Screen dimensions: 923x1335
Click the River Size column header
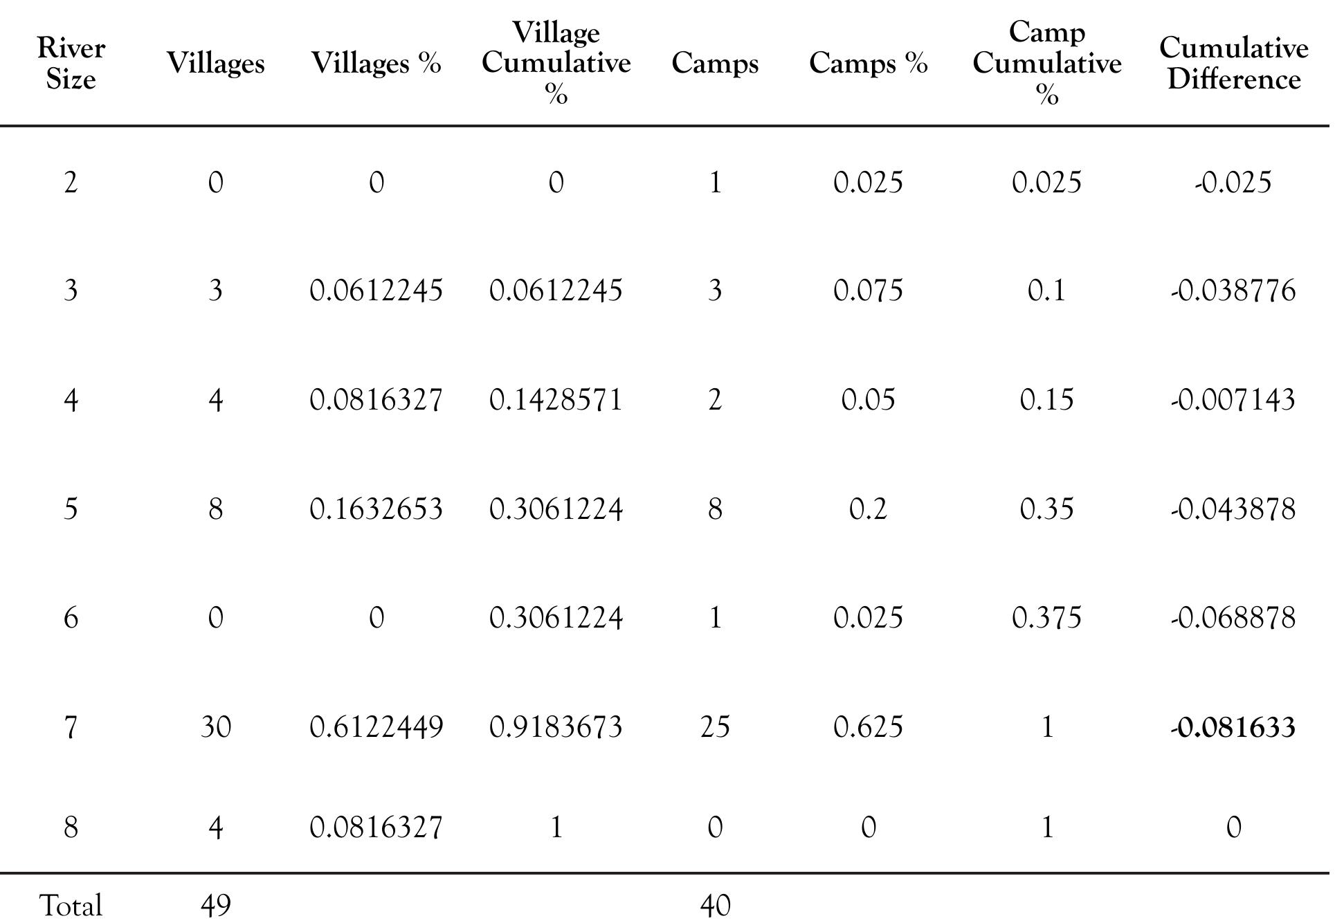tap(71, 64)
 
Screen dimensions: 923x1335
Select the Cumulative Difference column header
tap(1233, 64)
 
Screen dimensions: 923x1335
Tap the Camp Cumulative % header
tap(1046, 63)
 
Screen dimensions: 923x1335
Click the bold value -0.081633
tap(1233, 727)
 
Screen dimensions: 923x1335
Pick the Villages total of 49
tap(215, 905)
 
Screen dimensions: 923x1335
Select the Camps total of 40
tap(715, 905)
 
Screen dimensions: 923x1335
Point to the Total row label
tap(71, 905)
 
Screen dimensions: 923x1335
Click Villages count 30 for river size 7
tap(215, 727)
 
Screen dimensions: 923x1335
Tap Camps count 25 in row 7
tap(715, 727)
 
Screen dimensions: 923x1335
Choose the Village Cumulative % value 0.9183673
tap(556, 727)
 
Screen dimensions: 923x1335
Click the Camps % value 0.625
tap(868, 727)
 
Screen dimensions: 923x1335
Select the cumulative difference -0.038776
tap(1233, 291)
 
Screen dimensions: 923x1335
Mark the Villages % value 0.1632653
tap(376, 509)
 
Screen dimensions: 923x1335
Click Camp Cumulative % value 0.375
tap(1046, 617)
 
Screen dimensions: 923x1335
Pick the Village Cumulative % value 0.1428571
tap(556, 400)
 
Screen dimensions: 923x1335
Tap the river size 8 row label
tap(71, 828)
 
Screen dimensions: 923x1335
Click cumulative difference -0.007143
tap(1233, 400)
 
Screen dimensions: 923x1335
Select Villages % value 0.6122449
tap(376, 727)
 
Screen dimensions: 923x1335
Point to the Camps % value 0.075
tap(868, 291)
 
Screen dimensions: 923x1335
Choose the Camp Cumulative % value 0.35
tap(1046, 509)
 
